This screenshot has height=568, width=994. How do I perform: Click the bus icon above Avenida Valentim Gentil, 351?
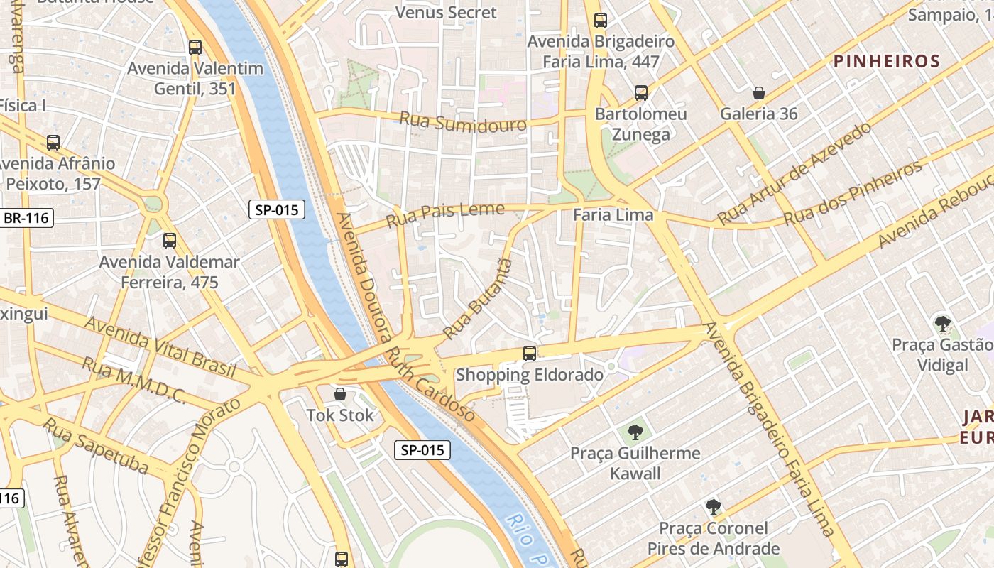pyautogui.click(x=195, y=48)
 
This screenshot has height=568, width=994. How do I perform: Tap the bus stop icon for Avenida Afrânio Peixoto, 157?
pyautogui.click(x=53, y=142)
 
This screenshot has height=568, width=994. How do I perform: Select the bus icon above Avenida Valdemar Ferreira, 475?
pyautogui.click(x=169, y=241)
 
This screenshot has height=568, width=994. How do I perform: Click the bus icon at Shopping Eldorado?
pyautogui.click(x=529, y=354)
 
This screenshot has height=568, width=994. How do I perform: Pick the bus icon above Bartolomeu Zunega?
pyautogui.click(x=640, y=93)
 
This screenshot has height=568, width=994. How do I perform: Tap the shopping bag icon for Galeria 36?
pyautogui.click(x=759, y=93)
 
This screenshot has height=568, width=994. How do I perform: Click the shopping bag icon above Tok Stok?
pyautogui.click(x=340, y=394)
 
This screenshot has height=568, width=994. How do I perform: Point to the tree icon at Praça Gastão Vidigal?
pyautogui.click(x=942, y=324)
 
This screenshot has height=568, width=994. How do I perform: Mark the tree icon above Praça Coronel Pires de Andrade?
pyautogui.click(x=713, y=507)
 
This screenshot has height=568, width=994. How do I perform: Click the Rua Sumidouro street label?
pyautogui.click(x=463, y=121)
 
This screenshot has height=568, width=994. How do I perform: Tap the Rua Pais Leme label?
pyautogui.click(x=444, y=214)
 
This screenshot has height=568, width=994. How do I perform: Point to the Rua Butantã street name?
pyautogui.click(x=478, y=299)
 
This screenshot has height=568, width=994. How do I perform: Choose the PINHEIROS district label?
pyautogui.click(x=886, y=62)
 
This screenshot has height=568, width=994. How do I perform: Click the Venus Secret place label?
pyautogui.click(x=446, y=13)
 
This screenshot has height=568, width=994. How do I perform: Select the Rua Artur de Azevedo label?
pyautogui.click(x=793, y=173)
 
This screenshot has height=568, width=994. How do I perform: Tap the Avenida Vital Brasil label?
pyautogui.click(x=160, y=346)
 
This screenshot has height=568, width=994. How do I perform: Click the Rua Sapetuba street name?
pyautogui.click(x=96, y=446)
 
